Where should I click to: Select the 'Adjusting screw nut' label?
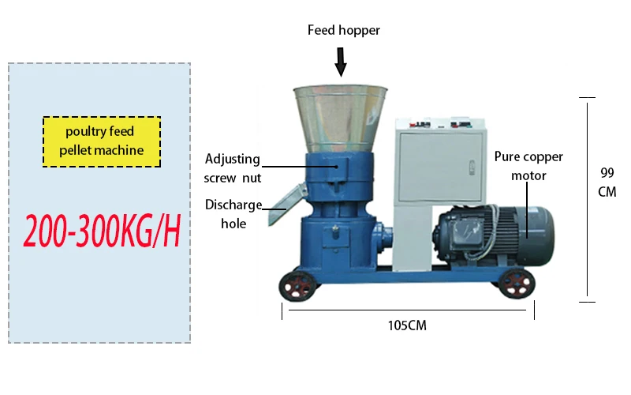tap(232, 168)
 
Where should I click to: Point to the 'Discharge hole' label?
tap(233, 214)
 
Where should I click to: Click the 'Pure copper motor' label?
tap(528, 166)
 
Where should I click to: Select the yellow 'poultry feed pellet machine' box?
tap(101, 141)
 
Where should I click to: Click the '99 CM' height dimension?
tap(607, 182)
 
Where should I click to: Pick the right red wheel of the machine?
tap(517, 283)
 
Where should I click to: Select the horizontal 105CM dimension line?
tap(408, 310)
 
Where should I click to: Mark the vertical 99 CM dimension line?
tap(587, 197)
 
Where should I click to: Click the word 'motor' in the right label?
tap(528, 176)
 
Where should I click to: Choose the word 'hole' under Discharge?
tap(233, 224)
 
